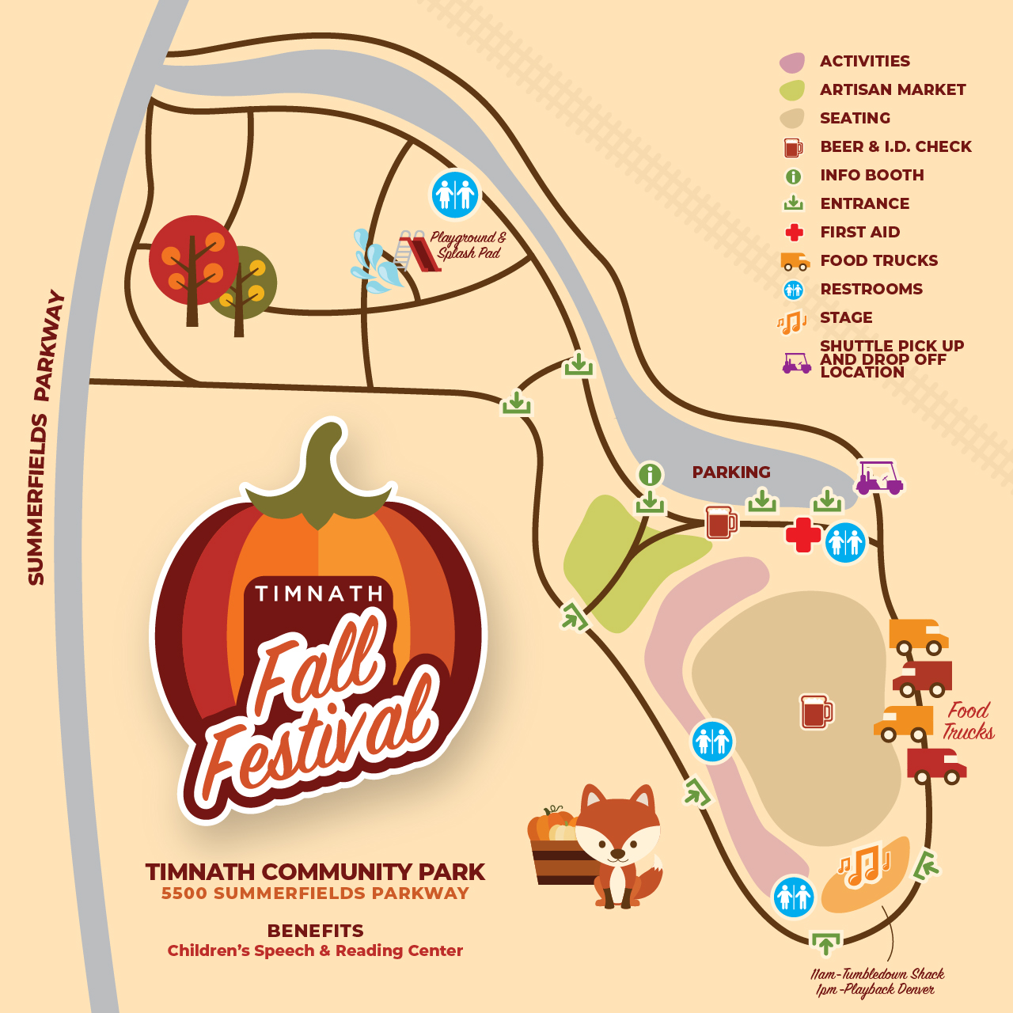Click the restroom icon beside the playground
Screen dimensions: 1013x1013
(x=455, y=194)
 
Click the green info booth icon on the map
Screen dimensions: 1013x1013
(x=650, y=474)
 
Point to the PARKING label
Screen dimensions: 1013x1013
(x=730, y=472)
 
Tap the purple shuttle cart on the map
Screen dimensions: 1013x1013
(x=878, y=478)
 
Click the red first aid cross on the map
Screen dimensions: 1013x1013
(x=802, y=536)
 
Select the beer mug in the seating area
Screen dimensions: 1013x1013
(x=817, y=711)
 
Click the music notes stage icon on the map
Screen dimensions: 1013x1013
(x=865, y=867)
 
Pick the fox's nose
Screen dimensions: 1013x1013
(x=617, y=853)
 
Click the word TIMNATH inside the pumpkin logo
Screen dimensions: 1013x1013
(x=319, y=594)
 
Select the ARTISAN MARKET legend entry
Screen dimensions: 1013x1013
(x=893, y=89)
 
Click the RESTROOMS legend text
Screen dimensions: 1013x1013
(x=871, y=289)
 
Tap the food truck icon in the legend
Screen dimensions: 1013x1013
(x=794, y=261)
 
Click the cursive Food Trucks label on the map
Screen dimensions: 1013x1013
(x=968, y=721)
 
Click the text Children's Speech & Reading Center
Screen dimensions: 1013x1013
(x=315, y=950)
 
